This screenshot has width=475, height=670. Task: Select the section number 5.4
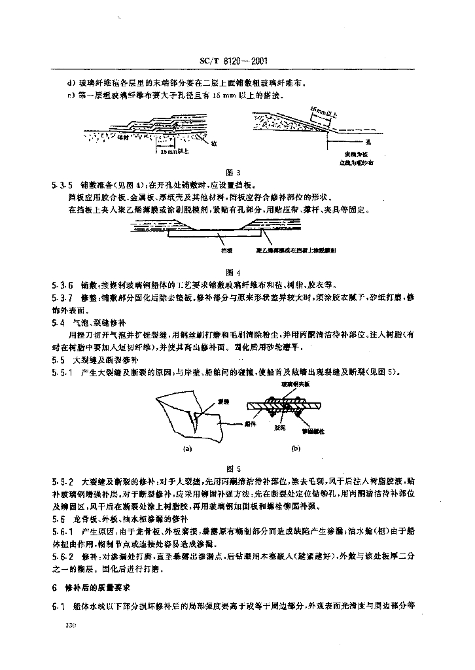point(58,323)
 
